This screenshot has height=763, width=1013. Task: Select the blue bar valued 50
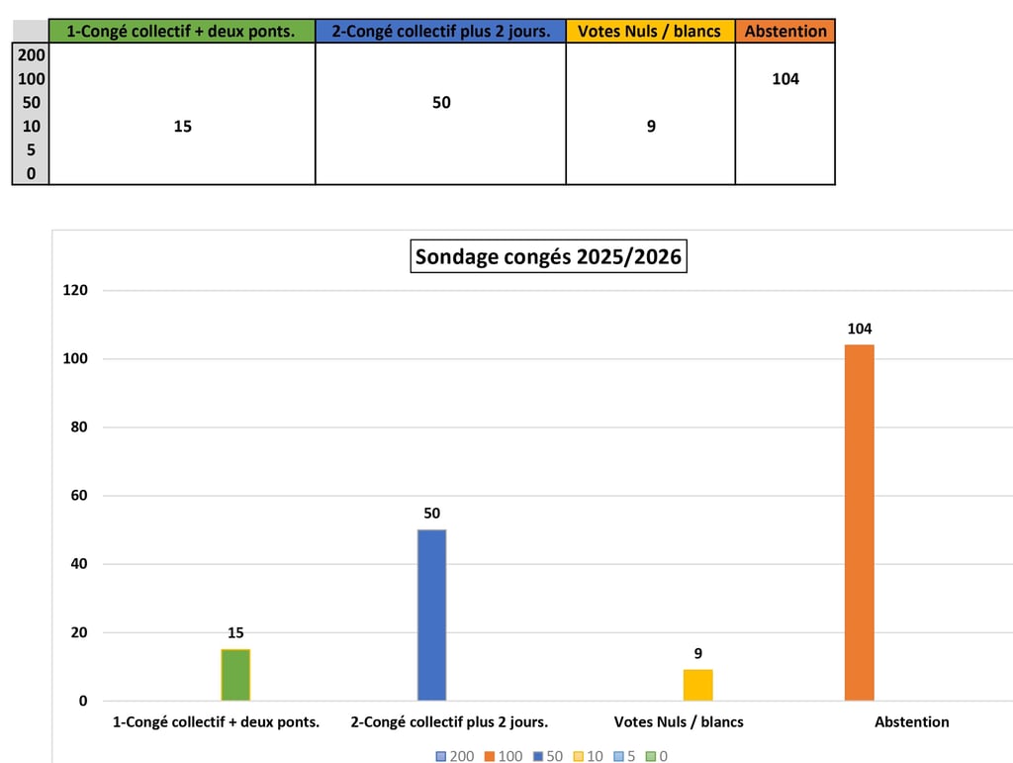(431, 615)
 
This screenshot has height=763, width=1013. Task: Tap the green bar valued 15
(235, 674)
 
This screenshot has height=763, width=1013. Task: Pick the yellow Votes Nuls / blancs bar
(697, 685)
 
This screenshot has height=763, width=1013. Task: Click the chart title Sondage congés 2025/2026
(548, 257)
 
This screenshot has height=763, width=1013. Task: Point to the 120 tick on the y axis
(76, 291)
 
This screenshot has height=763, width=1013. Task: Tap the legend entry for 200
(455, 756)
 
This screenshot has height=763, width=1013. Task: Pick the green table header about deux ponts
(181, 31)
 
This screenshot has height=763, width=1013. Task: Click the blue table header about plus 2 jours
(440, 31)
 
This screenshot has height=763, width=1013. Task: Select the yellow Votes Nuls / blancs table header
(650, 31)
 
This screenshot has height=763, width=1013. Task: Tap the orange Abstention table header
(785, 31)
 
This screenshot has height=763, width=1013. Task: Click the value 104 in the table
(785, 79)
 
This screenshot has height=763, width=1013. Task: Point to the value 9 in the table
(651, 126)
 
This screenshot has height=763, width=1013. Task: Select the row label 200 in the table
(31, 55)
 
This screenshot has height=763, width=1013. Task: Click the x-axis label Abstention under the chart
(911, 722)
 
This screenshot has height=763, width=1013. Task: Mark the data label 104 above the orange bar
(859, 329)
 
